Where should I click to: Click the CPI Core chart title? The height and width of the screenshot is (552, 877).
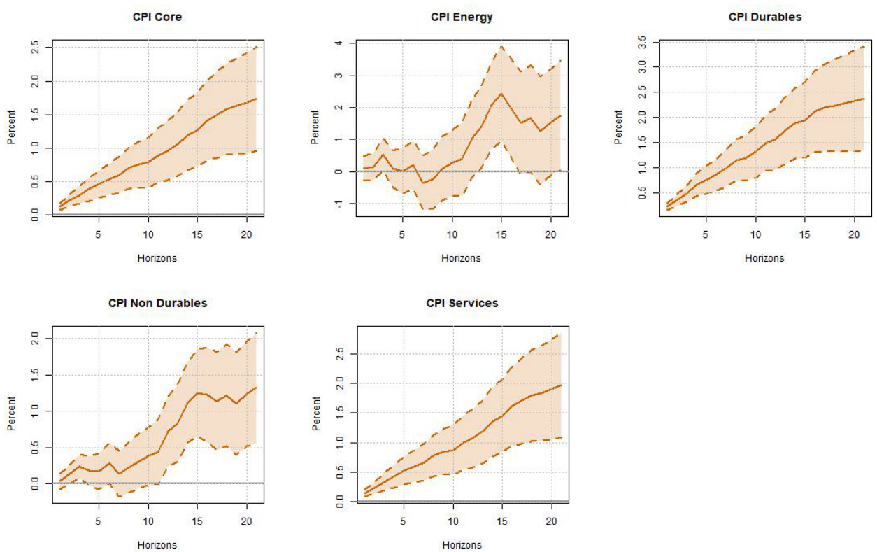[157, 17]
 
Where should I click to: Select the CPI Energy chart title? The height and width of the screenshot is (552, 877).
[461, 17]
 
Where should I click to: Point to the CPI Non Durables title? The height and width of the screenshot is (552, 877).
[157, 304]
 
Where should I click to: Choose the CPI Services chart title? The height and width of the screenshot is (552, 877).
[462, 304]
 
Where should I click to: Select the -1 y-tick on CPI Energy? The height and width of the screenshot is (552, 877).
[338, 204]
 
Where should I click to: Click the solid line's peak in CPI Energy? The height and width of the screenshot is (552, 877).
[501, 93]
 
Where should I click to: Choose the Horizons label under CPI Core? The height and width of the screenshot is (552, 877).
[157, 258]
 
